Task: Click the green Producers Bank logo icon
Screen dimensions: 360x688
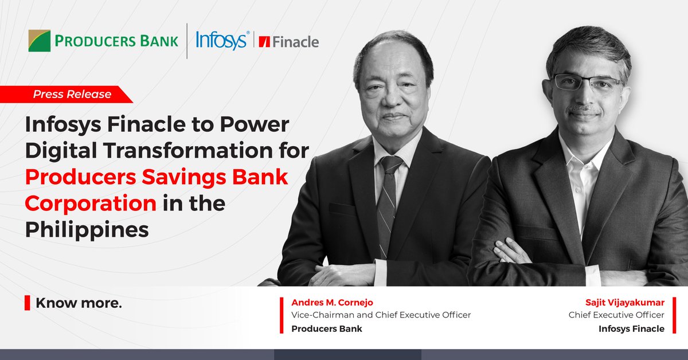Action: pos(40,41)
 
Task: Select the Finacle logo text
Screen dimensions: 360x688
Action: pos(295,42)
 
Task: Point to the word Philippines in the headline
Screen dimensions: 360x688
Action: pos(87,229)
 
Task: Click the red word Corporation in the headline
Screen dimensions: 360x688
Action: pos(91,203)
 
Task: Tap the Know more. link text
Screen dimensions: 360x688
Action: pos(79,303)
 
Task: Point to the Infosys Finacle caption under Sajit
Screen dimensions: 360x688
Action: pos(631,328)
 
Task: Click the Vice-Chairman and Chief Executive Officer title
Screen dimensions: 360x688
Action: pos(381,315)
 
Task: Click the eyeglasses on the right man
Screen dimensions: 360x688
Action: pos(586,83)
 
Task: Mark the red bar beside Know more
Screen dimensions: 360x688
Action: pos(27,303)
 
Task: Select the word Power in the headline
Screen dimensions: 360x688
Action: pos(259,124)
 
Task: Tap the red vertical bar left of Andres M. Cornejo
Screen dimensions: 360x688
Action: pos(282,315)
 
